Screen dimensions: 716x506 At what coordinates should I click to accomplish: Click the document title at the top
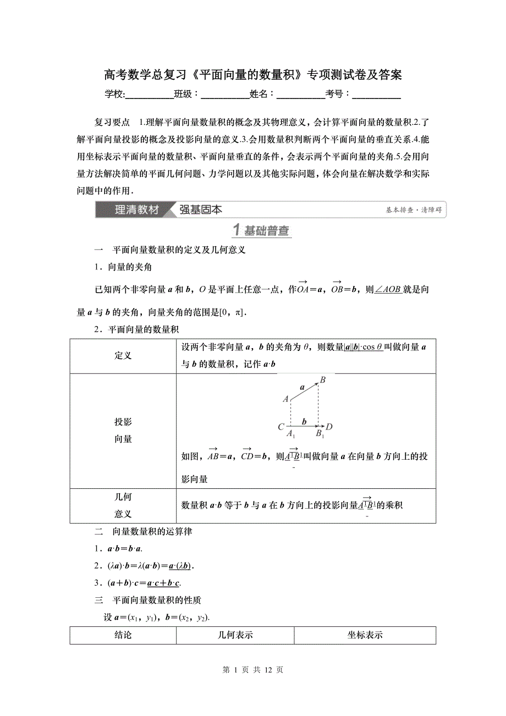pyautogui.click(x=253, y=75)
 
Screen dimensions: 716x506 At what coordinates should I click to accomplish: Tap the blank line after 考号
pyautogui.click(x=376, y=94)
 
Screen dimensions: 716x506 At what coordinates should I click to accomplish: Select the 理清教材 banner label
pyautogui.click(x=136, y=210)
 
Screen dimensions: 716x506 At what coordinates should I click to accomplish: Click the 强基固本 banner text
pyautogui.click(x=201, y=210)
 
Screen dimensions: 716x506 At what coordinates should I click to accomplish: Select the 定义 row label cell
pyautogui.click(x=123, y=356)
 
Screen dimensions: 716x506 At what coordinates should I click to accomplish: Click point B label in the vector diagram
pyautogui.click(x=323, y=380)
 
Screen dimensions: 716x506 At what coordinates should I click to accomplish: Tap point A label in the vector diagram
pyautogui.click(x=285, y=399)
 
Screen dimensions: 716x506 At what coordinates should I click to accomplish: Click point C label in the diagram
pyautogui.click(x=280, y=426)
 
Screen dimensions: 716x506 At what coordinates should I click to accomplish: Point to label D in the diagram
pyautogui.click(x=329, y=426)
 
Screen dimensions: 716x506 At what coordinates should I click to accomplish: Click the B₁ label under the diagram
pyautogui.click(x=320, y=434)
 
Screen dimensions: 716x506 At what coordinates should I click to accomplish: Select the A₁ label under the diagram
pyautogui.click(x=291, y=434)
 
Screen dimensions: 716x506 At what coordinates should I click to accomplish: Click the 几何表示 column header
pyautogui.click(x=235, y=635)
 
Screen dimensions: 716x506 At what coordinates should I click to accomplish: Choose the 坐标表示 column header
pyautogui.click(x=365, y=635)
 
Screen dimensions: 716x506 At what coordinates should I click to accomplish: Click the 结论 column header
pyautogui.click(x=123, y=635)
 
